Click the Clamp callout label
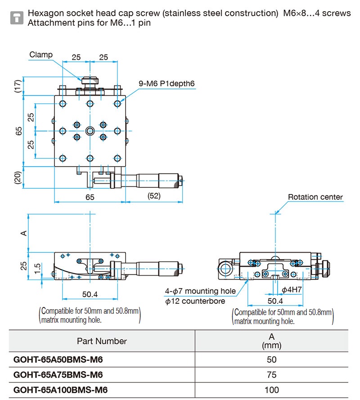point(41,55)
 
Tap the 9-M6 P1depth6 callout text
point(166,83)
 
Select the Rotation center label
point(315,197)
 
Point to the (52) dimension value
point(154,196)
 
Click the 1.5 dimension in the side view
point(37,268)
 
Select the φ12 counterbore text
point(195,301)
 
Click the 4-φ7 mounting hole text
point(200,291)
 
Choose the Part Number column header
point(102,341)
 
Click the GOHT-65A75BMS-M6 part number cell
point(58,375)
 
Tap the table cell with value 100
point(272,390)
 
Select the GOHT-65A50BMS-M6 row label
point(58,360)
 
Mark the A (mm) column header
point(272,341)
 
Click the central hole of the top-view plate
point(90,131)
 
